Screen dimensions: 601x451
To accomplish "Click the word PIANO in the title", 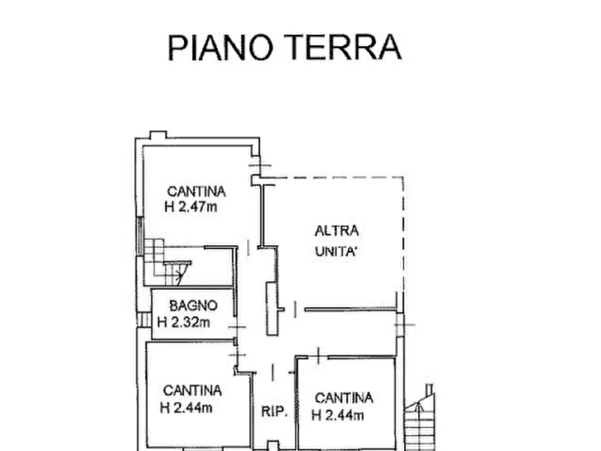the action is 220,47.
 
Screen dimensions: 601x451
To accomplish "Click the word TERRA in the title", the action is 343,47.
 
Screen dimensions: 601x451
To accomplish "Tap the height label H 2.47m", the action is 191,207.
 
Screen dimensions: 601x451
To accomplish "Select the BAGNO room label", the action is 193,306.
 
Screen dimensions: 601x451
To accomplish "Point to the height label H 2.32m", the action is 184,322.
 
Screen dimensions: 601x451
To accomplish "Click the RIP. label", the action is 274,411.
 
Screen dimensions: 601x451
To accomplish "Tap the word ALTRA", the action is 337,231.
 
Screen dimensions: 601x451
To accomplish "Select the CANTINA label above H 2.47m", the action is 197,191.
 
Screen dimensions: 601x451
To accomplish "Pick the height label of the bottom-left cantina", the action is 186,408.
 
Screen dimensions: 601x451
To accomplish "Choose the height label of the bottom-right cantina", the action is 338,415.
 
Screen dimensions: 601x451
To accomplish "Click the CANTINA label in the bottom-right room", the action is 344,398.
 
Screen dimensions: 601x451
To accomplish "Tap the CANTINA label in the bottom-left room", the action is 192,391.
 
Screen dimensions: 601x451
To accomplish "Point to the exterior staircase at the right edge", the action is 420,417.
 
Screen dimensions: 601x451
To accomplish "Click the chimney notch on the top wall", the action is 158,135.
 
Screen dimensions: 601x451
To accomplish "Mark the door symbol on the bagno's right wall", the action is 238,327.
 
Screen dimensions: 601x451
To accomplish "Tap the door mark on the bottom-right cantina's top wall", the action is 318,355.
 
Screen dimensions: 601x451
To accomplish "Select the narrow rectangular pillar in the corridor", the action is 271,308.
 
